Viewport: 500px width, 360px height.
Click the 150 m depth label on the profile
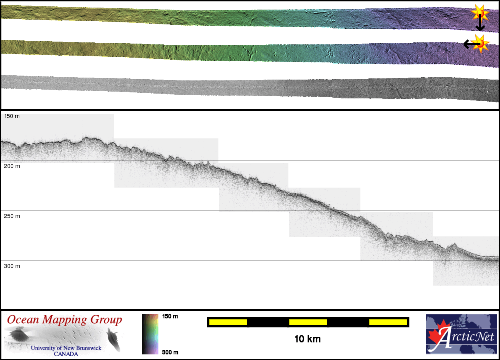point(12,116)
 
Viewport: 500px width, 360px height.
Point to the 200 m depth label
point(12,166)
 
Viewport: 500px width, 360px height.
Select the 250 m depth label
point(12,216)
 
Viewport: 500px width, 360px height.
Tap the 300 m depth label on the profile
point(12,266)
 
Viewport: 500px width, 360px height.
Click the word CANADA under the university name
point(66,354)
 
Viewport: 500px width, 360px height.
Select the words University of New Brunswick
point(66,348)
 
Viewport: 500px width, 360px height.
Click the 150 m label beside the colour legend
point(170,316)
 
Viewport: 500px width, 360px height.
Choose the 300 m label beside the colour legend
point(170,352)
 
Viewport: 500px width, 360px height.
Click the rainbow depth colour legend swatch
point(150,334)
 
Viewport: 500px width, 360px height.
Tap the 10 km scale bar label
point(307,339)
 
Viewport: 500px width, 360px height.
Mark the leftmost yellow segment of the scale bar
point(228,322)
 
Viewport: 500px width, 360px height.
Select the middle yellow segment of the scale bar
point(308,322)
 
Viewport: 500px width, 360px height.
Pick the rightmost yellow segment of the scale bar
point(388,322)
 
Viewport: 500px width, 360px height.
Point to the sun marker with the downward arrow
point(480,14)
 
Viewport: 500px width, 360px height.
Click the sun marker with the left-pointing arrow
point(480,43)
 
